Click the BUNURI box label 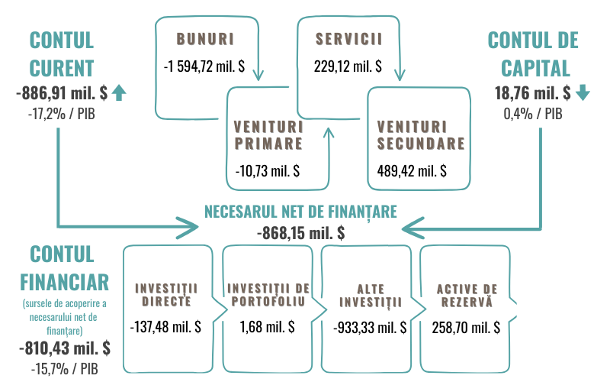(204, 37)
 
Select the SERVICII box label (348, 37)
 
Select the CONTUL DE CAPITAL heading (533, 53)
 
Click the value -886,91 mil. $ (61, 93)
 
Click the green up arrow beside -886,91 (118, 93)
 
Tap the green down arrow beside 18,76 (583, 93)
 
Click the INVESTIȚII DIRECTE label (166, 294)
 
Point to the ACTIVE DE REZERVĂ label (467, 294)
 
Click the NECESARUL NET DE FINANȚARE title (300, 211)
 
